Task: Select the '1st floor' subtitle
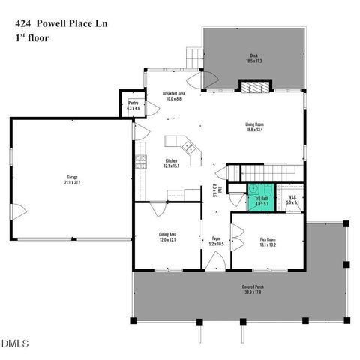click(x=32, y=37)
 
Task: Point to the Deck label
click(x=253, y=58)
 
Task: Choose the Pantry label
click(x=133, y=103)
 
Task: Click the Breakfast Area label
click(x=174, y=96)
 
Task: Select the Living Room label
click(x=258, y=127)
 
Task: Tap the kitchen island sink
click(x=190, y=148)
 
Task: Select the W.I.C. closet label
click(x=292, y=200)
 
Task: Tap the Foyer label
click(x=215, y=241)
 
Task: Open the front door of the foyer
click(x=216, y=262)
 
